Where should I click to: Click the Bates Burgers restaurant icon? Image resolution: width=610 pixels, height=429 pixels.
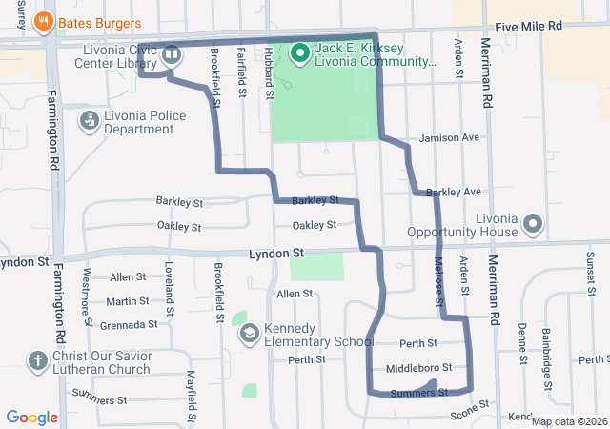(x=43, y=21)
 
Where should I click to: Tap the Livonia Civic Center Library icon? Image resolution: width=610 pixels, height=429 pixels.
(x=172, y=54)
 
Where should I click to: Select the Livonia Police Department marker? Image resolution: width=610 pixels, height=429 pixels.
(x=89, y=121)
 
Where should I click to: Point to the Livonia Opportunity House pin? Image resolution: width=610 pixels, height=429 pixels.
(x=532, y=225)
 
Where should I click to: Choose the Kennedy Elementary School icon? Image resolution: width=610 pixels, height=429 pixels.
(x=249, y=333)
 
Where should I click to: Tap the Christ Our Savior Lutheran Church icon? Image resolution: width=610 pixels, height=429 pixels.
(x=37, y=361)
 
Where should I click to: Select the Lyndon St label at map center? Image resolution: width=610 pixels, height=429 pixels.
(x=275, y=255)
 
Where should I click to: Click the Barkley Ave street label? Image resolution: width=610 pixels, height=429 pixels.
(x=454, y=193)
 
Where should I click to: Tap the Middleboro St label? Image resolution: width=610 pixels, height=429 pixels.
(x=418, y=368)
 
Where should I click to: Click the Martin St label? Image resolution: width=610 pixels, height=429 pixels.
(x=127, y=301)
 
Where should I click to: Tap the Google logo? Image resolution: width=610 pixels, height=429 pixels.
(x=31, y=418)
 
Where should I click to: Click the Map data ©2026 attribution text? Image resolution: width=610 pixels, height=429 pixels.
(x=568, y=421)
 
